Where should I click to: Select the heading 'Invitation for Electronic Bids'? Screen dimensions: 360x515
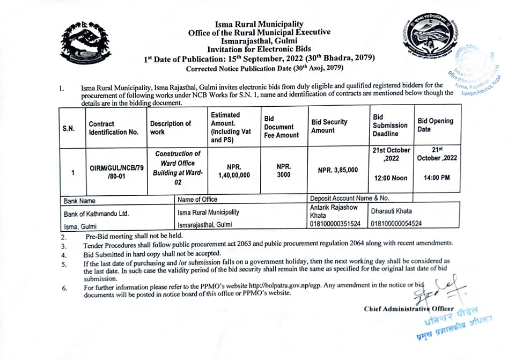click(x=259, y=48)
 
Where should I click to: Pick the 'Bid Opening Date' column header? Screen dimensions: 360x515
click(x=435, y=125)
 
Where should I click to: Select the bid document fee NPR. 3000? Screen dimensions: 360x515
click(x=284, y=171)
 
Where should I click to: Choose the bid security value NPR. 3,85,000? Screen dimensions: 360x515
click(x=337, y=170)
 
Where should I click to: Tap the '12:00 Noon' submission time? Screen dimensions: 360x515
click(x=391, y=178)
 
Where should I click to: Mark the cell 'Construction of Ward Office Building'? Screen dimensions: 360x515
click(x=178, y=168)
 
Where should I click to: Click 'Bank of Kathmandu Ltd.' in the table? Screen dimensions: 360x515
click(x=96, y=213)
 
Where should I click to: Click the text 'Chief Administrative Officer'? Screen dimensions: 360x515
click(x=409, y=309)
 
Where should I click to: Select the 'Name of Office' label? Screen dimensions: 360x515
click(x=197, y=200)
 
